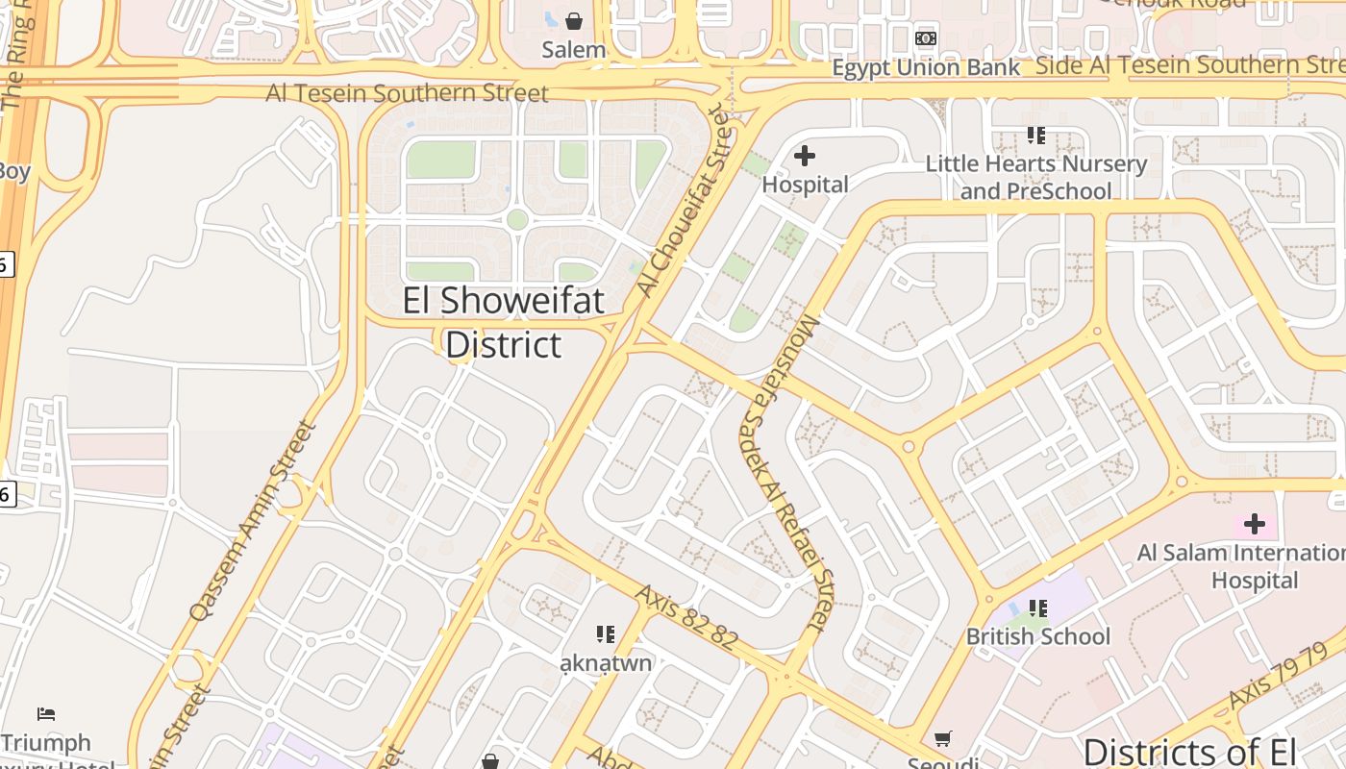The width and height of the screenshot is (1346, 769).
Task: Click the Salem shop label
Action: (574, 50)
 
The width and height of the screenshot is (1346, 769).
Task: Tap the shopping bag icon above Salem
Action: (574, 20)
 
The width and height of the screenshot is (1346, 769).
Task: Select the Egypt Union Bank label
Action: (925, 67)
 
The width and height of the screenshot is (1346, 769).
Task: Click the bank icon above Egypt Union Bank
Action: (926, 38)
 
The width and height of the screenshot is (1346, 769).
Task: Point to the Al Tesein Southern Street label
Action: (407, 93)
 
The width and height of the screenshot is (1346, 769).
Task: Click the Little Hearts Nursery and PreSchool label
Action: (1036, 177)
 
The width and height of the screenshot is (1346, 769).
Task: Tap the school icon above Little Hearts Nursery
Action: (1035, 136)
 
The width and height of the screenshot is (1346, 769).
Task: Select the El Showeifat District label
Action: (504, 322)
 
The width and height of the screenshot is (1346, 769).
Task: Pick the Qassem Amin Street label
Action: (253, 520)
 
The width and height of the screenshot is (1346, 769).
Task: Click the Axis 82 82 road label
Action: (686, 617)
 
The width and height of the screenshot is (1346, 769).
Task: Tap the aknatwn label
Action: (606, 663)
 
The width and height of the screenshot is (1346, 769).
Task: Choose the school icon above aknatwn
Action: (605, 633)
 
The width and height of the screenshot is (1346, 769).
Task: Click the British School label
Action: (1037, 636)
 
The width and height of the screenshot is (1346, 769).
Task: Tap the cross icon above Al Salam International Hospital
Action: (1254, 524)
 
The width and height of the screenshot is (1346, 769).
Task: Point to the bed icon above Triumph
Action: (46, 713)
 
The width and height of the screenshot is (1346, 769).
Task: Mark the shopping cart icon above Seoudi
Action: (943, 738)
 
